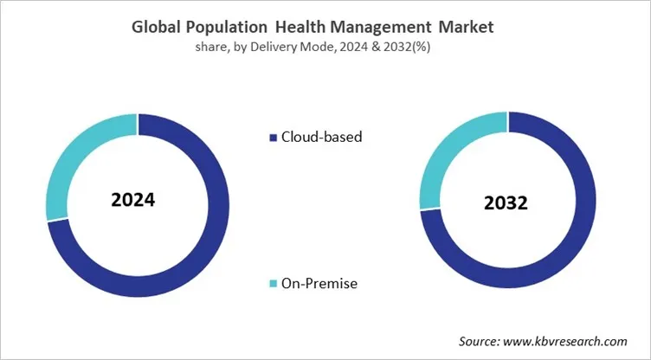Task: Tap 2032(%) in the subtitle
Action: click(x=406, y=48)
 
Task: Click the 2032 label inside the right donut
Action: click(x=507, y=204)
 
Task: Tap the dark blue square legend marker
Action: click(x=274, y=138)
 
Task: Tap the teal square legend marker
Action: click(x=274, y=284)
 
